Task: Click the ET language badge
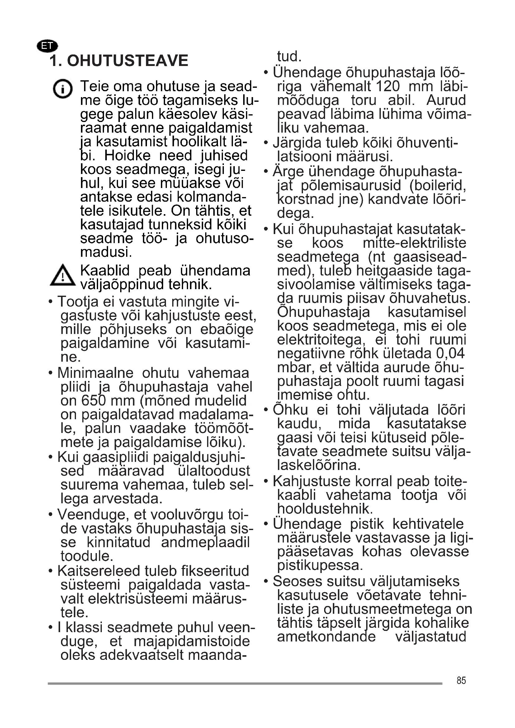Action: click(x=47, y=46)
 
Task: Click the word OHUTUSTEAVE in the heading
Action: click(x=127, y=61)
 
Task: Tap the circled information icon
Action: click(x=63, y=89)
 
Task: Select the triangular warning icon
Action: click(x=63, y=275)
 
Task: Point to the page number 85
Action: click(x=461, y=680)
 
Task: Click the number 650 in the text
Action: click(x=93, y=401)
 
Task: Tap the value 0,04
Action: click(x=450, y=353)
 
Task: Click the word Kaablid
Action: click(x=105, y=270)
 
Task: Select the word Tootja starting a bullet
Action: click(x=78, y=302)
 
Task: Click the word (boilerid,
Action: click(x=437, y=185)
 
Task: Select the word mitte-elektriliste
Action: click(x=414, y=243)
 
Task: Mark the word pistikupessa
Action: click(x=320, y=565)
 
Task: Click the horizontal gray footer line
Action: click(x=245, y=683)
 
